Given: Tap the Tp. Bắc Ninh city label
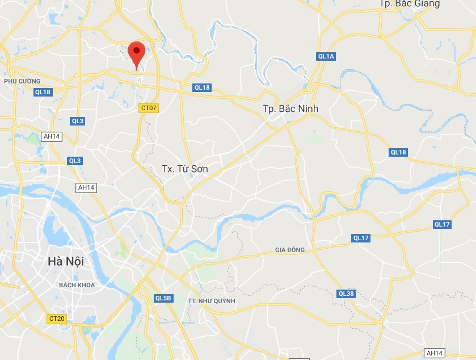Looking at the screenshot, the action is point(290,108).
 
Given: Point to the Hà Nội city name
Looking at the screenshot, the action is point(66,262).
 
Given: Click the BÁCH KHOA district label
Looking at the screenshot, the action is point(77,284).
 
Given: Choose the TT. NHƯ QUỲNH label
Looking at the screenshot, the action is point(211,300).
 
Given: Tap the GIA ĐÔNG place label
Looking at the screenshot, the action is point(290,250).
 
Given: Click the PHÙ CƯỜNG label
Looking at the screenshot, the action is point(22,81).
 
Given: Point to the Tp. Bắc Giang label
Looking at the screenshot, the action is point(410,3).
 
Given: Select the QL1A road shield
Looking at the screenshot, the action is point(327,56).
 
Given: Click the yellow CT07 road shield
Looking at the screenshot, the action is point(149,108).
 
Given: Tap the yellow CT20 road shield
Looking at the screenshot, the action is point(56,319).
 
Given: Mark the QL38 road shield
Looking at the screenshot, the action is point(346,294).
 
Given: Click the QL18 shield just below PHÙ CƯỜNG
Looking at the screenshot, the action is point(43,92).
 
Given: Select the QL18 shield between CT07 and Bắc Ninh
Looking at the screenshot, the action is point(202,87).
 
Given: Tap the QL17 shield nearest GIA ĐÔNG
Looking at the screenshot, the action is point(361,238).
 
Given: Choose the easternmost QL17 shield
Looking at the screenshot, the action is point(442,224).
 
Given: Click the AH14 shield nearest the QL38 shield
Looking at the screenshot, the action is point(434,353).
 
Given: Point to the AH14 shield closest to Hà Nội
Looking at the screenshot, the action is point(86,187).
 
